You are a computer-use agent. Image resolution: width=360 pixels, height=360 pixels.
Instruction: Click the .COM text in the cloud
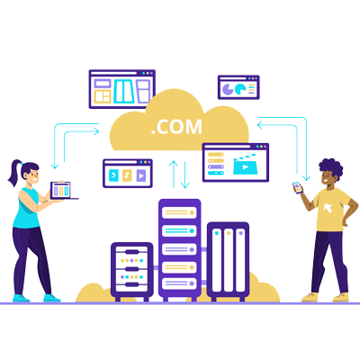176,127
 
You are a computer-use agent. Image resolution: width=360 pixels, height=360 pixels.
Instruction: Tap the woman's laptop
62,191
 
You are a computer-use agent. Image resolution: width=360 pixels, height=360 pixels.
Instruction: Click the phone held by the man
297,187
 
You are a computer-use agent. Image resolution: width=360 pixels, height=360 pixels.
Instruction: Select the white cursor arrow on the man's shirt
328,208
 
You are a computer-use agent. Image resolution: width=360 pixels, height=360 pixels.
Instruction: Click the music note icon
127,175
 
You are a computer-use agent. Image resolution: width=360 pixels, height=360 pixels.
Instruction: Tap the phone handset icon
113,175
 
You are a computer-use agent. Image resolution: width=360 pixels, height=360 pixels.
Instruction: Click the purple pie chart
227,89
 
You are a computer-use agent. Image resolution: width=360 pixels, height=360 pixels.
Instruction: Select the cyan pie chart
240,89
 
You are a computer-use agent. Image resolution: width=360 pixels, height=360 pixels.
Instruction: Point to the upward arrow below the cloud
174,175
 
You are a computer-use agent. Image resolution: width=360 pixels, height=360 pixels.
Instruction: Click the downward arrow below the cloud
185,175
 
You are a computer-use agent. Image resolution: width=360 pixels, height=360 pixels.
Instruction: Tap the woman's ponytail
15,173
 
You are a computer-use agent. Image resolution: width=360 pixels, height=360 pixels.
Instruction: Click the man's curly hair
331,168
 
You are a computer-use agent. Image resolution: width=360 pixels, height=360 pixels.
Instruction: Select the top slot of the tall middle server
179,212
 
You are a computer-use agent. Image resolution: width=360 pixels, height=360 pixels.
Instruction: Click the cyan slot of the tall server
179,231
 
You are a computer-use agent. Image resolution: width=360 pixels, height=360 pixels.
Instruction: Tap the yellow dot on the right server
229,233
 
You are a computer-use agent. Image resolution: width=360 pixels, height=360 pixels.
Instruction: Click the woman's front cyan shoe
51,298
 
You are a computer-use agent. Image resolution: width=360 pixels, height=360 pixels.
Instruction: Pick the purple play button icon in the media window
141,175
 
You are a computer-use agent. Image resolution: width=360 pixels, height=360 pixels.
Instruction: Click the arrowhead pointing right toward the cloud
96,131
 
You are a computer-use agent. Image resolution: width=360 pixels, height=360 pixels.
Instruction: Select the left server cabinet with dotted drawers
132,271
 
